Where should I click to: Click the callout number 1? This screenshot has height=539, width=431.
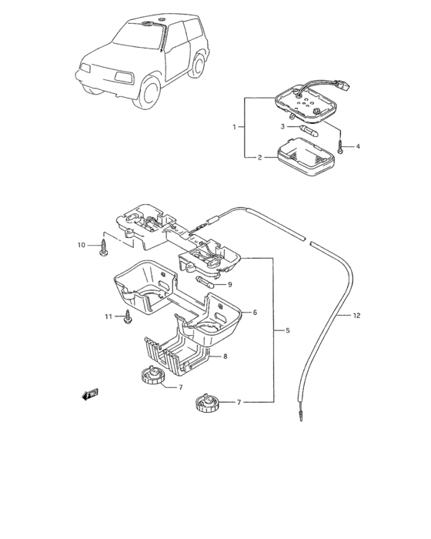coord(235,127)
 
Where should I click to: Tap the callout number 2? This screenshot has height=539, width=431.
coord(260,157)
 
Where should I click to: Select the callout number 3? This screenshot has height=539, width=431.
coord(282,126)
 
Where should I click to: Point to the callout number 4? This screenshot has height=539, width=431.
coord(358,146)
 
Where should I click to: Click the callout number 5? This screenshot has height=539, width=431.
coord(288,330)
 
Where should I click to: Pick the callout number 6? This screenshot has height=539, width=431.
coord(255,313)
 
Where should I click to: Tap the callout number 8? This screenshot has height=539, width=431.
coord(226,357)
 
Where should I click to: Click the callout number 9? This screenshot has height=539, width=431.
coord(230,285)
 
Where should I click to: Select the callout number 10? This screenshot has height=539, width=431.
coord(81,245)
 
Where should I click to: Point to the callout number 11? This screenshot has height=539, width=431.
coord(109,316)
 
